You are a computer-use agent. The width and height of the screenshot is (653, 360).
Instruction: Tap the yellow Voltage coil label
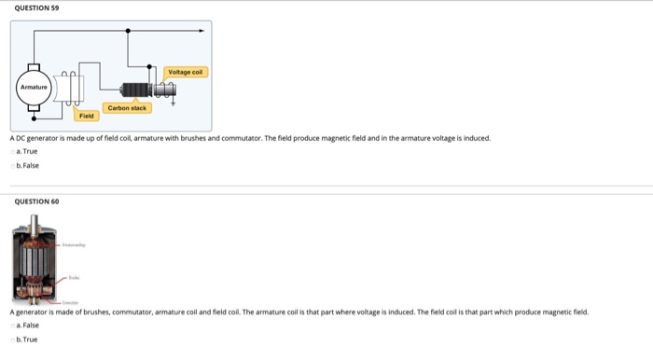click(187, 72)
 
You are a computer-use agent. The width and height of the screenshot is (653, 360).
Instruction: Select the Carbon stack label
click(127, 108)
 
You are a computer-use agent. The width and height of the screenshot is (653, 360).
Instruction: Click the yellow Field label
click(86, 117)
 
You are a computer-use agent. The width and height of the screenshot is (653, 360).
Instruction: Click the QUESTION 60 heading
click(34, 201)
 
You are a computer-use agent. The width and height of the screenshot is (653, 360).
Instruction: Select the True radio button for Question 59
click(13, 151)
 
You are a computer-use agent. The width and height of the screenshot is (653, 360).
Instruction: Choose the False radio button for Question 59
click(13, 165)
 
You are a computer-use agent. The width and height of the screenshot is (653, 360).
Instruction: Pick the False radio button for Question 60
click(13, 326)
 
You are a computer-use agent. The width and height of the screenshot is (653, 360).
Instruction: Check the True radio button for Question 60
click(13, 339)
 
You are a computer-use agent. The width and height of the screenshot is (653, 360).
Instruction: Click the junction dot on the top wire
click(129, 31)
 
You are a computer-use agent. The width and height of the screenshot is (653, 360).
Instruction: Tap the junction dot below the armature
click(34, 119)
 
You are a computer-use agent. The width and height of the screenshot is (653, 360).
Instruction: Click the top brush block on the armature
click(34, 68)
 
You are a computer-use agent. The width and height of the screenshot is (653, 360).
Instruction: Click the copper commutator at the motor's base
click(35, 297)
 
